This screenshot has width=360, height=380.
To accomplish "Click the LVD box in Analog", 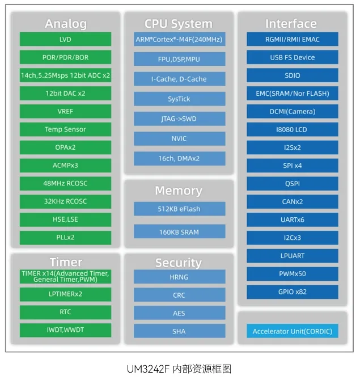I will pos(65,39).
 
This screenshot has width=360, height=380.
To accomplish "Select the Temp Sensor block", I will pos(65,129).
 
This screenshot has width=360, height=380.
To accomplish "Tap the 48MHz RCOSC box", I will pos(65,183).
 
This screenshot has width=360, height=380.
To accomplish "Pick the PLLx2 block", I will pos(65,237).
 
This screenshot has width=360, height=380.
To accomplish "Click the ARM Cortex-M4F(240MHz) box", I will pos(179,39).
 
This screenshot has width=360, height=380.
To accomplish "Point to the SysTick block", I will pos(179,99).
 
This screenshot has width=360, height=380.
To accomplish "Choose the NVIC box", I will pos(179,138).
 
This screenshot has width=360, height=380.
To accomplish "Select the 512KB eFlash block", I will pos(179,209).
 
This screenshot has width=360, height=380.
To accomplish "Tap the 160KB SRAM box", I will pos(179,231).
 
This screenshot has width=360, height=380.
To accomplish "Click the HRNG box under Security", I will pos(179,277).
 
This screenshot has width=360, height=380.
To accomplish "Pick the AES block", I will pos(179,313).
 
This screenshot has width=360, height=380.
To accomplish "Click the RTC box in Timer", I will pos(65,312).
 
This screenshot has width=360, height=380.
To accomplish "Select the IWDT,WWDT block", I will pos(65,330).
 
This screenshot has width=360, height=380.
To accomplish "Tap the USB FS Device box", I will pos(292,57).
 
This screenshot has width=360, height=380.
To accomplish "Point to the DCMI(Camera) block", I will pos(292,111).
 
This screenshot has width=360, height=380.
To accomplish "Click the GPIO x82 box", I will pos(292,292).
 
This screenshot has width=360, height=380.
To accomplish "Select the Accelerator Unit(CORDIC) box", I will pos(292,331).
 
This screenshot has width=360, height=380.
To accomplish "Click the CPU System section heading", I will pos(179,24).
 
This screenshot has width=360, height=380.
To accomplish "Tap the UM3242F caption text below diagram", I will pos(179,369).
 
